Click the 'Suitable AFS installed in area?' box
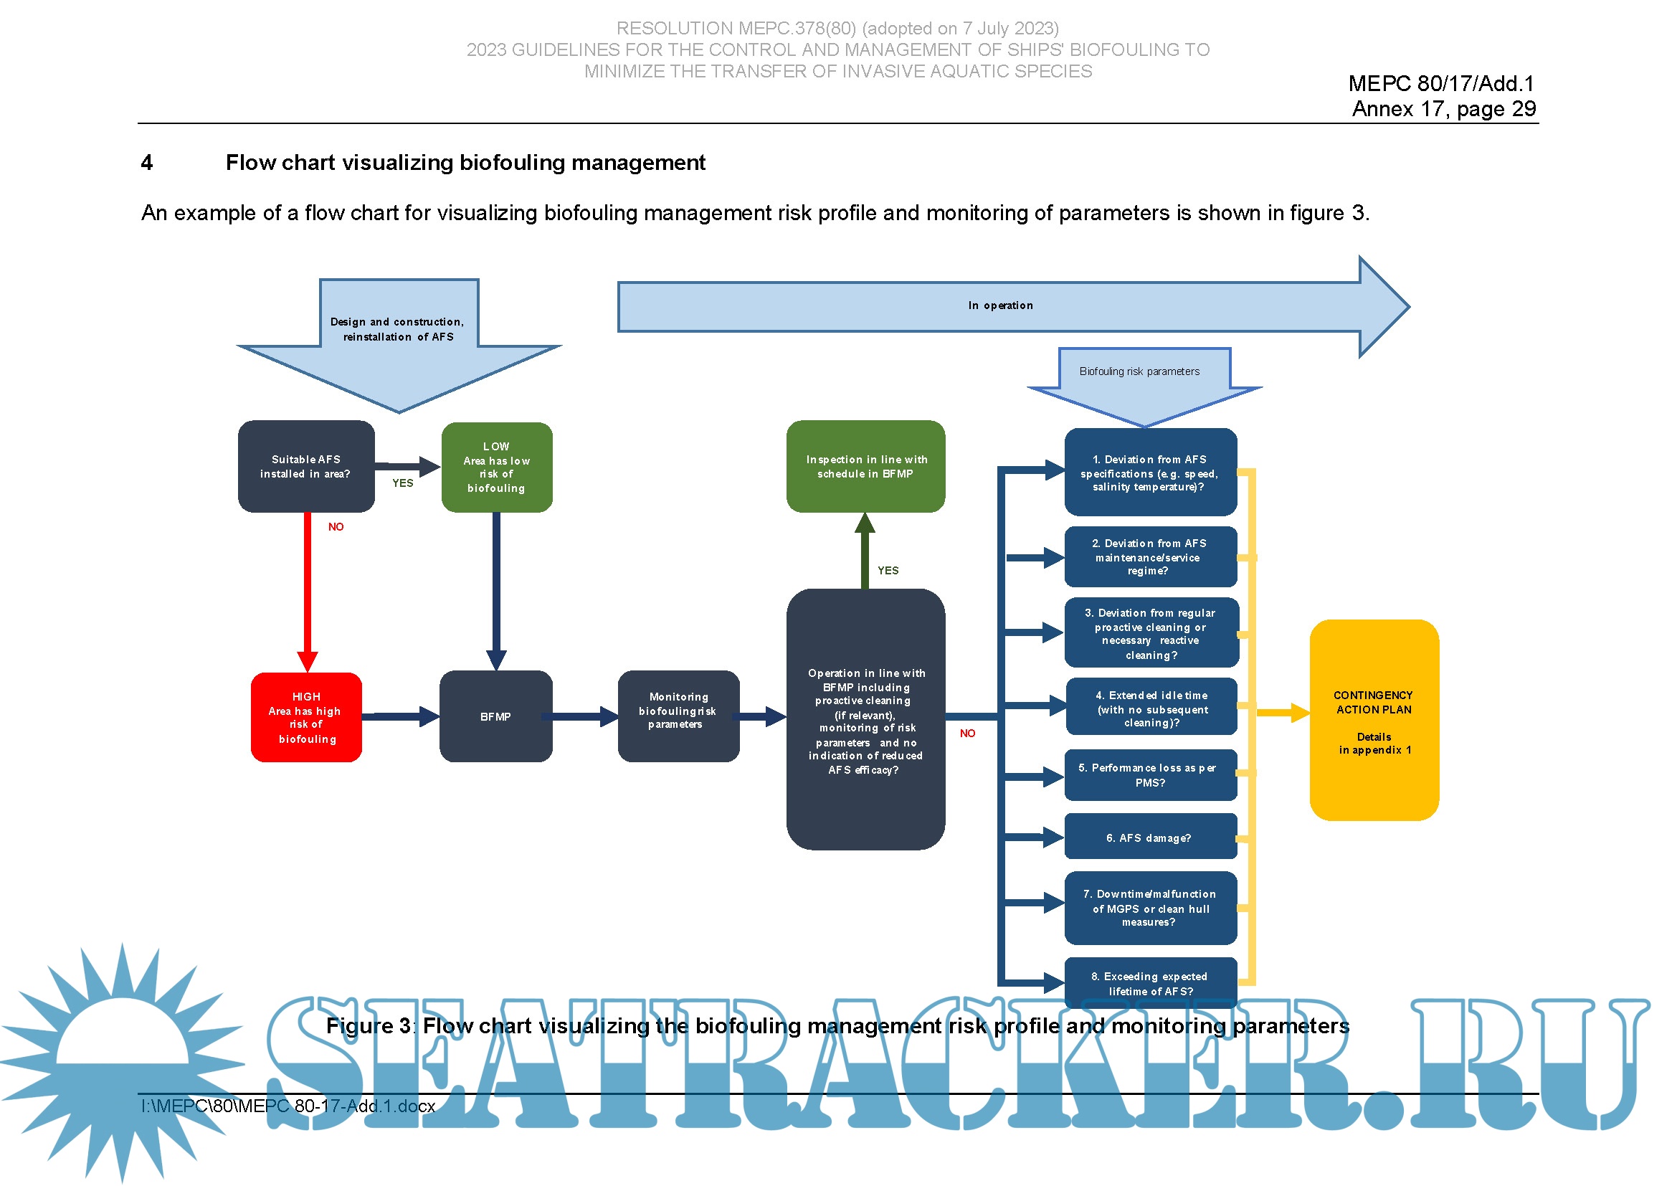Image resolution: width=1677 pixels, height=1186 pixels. pyautogui.click(x=306, y=466)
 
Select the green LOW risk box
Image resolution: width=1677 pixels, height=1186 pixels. pyautogui.click(x=497, y=467)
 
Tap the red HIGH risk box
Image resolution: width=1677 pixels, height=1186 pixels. pyautogui.click(x=306, y=717)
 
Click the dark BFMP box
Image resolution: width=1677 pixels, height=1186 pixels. pyautogui.click(x=496, y=716)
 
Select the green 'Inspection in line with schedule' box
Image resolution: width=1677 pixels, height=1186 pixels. pyautogui.click(x=865, y=466)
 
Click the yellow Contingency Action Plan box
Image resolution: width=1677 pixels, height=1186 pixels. pyautogui.click(x=1374, y=720)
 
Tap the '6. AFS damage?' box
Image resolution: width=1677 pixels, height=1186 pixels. pyautogui.click(x=1150, y=837)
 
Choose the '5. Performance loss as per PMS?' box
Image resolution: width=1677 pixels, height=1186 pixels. pyautogui.click(x=1150, y=775)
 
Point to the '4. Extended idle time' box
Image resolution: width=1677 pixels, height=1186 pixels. pyautogui.click(x=1151, y=708)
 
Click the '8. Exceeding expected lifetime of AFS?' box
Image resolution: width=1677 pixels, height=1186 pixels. pyautogui.click(x=1150, y=983)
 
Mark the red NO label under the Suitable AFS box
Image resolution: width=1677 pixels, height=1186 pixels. pyautogui.click(x=336, y=526)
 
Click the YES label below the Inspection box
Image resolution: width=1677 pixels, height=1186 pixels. pyautogui.click(x=888, y=570)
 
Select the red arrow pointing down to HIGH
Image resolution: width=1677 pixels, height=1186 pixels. pyautogui.click(x=308, y=592)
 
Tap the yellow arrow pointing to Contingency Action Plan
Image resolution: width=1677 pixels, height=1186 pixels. pyautogui.click(x=1282, y=712)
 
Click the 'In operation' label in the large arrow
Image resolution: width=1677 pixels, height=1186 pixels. pyautogui.click(x=1001, y=305)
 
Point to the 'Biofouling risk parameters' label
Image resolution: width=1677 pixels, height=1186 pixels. pyautogui.click(x=1139, y=371)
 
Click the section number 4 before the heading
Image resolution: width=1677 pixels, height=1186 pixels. pyautogui.click(x=147, y=162)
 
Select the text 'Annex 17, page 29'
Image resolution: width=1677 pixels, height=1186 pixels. pyautogui.click(x=1443, y=109)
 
